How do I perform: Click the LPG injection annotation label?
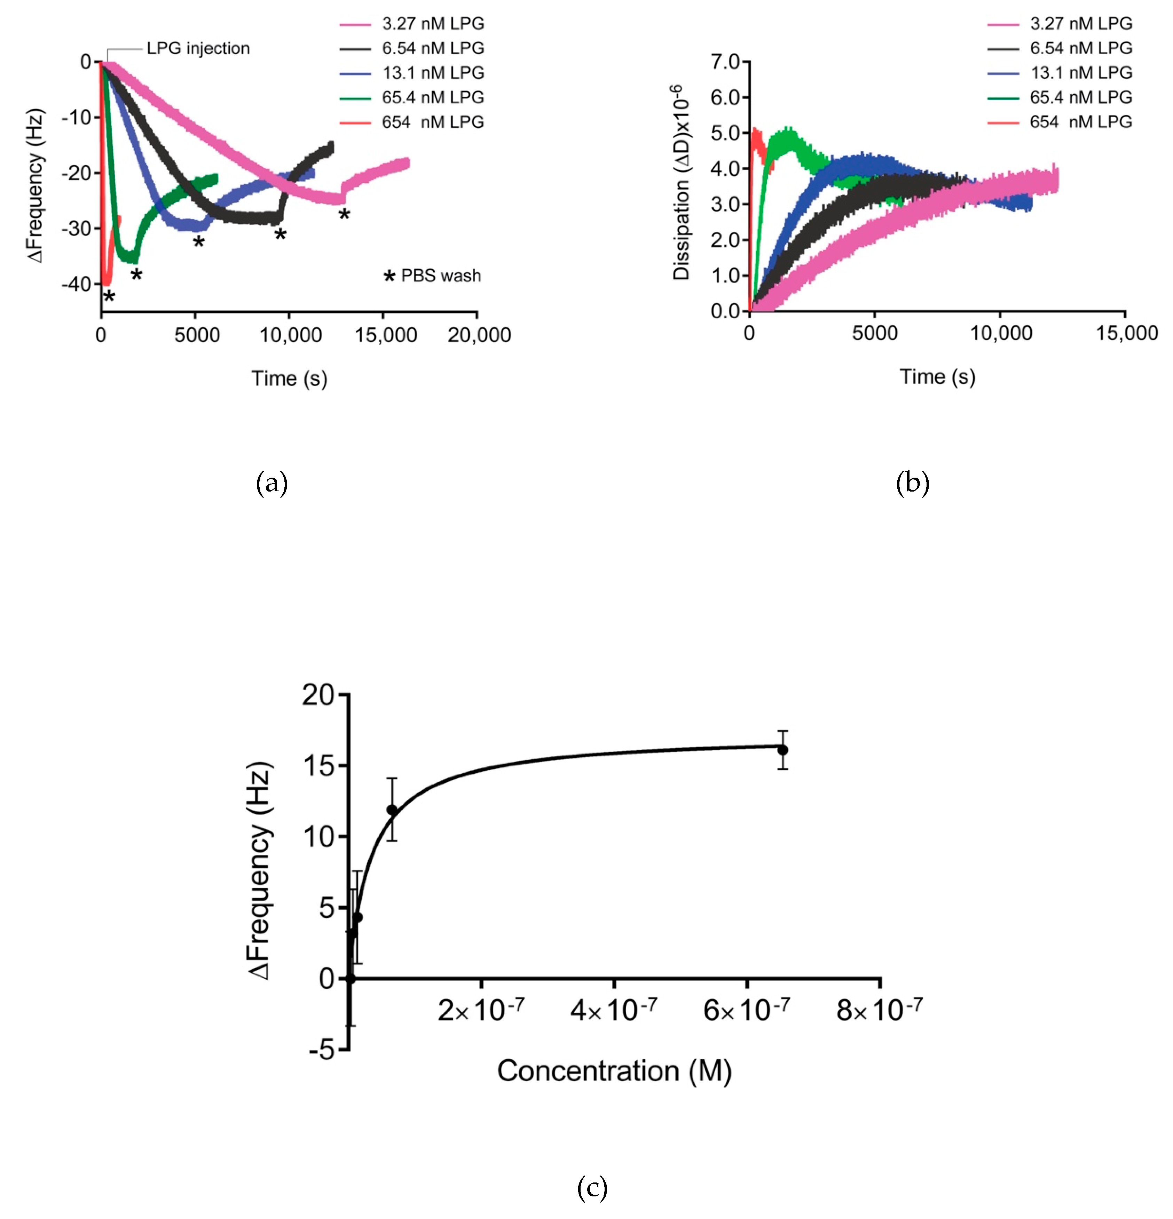[x=198, y=48]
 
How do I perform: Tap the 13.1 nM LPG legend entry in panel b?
[x=1081, y=73]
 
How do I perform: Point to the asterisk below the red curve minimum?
[x=109, y=297]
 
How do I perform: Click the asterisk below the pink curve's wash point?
[x=344, y=215]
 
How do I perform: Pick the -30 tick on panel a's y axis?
[x=77, y=228]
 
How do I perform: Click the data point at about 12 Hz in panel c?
[x=392, y=810]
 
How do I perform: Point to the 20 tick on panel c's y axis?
[x=318, y=695]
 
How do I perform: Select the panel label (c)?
[x=592, y=1188]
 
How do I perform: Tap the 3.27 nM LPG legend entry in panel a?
[x=433, y=24]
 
